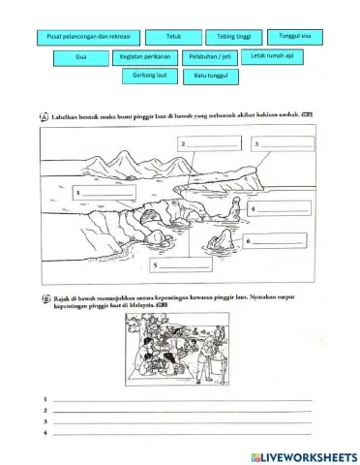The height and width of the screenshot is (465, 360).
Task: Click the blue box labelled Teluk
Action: tap(174, 36)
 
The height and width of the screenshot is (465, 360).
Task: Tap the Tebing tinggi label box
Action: tap(231, 36)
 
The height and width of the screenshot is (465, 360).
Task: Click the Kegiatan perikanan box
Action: tap(144, 58)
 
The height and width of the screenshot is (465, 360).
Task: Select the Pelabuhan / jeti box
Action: tap(206, 58)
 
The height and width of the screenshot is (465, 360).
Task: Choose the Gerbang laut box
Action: tap(144, 75)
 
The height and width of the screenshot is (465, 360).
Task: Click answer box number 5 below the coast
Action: tap(185, 263)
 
